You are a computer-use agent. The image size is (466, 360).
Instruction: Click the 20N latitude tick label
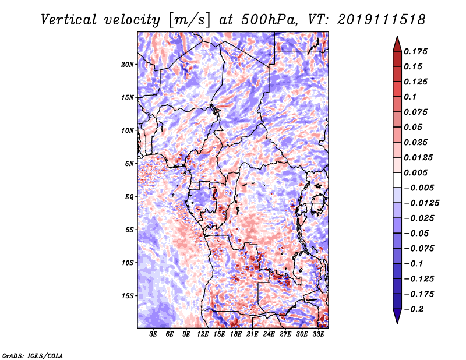pos(128,64)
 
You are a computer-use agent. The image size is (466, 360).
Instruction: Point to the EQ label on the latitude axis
pos(129,196)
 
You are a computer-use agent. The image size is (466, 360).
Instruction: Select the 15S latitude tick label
pos(128,296)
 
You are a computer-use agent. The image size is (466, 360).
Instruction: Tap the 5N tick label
pos(129,164)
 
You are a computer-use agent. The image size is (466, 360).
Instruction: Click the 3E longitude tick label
pos(154,335)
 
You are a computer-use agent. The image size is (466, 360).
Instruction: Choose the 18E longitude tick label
pos(236,335)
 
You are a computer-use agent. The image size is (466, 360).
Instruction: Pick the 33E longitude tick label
pos(318,335)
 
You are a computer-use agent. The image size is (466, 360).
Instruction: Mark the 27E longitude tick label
pos(285,335)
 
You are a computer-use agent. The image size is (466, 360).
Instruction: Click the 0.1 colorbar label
pos(410,97)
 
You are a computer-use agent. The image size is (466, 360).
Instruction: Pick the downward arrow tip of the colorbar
pos(397,322)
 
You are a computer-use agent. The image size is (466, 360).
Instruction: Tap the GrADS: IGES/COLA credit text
pos(32,355)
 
